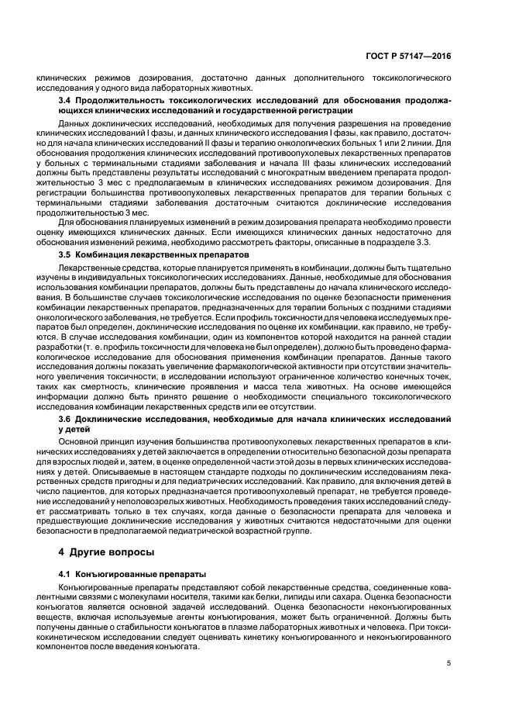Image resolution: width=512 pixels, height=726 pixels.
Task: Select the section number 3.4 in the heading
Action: point(67,100)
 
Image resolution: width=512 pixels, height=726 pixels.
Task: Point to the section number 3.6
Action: point(67,419)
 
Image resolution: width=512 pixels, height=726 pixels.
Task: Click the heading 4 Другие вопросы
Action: point(98,553)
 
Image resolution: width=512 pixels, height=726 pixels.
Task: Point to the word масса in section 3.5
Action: point(267,385)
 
